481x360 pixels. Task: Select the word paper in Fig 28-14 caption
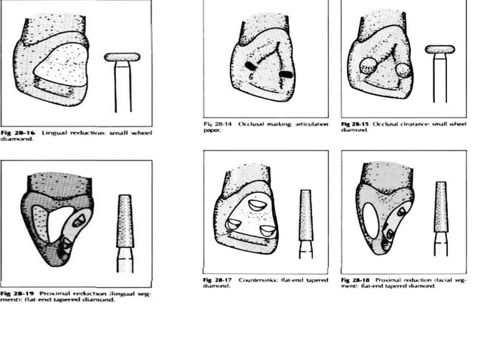click(212, 130)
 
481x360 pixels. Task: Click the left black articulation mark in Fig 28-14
click(250, 67)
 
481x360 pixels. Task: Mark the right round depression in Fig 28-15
click(402, 70)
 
